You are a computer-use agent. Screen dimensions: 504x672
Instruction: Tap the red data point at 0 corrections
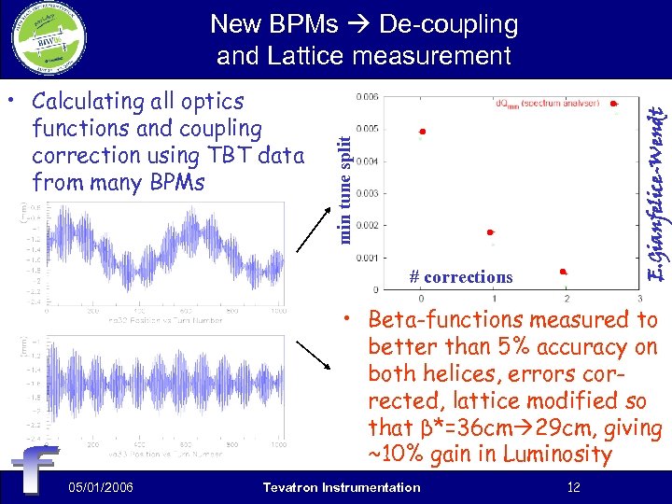pos(422,133)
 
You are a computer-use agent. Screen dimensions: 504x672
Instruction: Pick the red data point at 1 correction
pos(490,232)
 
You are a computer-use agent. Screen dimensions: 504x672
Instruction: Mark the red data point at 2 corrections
pos(563,272)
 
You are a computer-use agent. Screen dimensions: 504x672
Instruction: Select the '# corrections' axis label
pos(461,277)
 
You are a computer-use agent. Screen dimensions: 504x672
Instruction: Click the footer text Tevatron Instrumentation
pos(342,487)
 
